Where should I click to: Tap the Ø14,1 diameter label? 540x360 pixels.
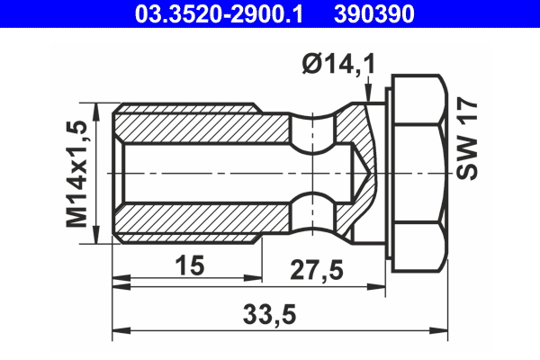tap(339, 63)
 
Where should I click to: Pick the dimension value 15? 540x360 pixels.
tap(187, 265)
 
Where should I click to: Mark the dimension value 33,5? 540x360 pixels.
tap(273, 316)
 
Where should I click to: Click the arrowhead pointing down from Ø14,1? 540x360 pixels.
tap(369, 86)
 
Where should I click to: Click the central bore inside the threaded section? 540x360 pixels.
tap(207, 171)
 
